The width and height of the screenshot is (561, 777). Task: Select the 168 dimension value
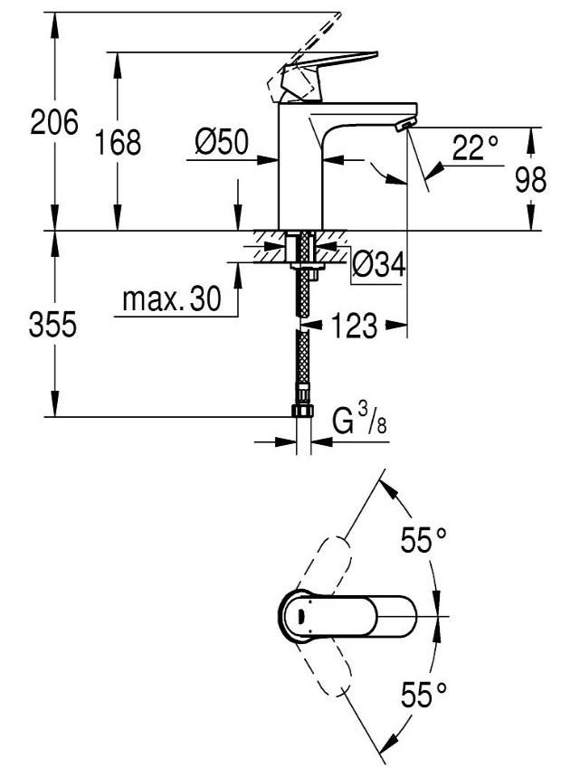[119, 142]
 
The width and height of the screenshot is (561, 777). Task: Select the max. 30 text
[171, 301]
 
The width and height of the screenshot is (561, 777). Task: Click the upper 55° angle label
[424, 541]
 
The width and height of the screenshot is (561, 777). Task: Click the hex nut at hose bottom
[304, 412]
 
